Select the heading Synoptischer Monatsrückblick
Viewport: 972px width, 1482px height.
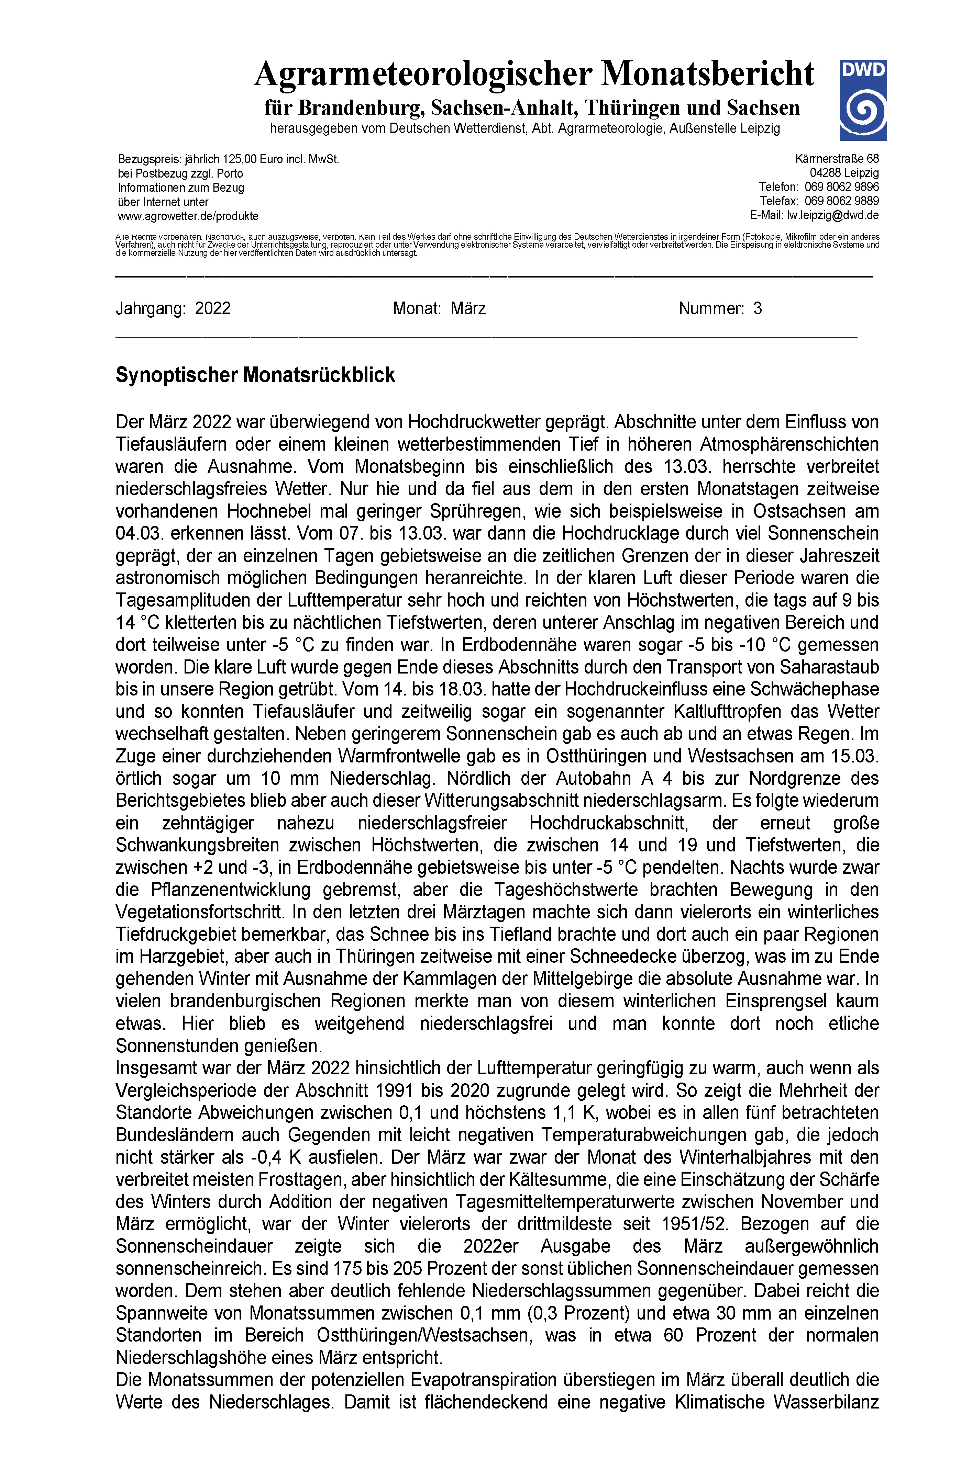(x=255, y=375)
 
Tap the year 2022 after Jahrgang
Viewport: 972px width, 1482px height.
(x=212, y=308)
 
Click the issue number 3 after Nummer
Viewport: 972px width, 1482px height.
(x=757, y=308)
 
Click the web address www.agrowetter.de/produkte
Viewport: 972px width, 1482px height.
(x=188, y=216)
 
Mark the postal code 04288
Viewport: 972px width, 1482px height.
(x=826, y=173)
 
